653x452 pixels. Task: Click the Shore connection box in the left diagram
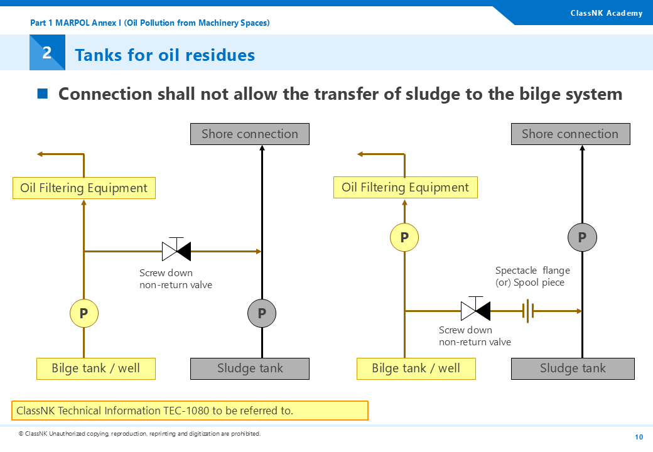(x=250, y=134)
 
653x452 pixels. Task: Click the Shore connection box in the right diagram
(x=570, y=134)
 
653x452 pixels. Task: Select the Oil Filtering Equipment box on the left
(x=84, y=188)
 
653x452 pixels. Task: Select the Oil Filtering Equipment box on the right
(x=405, y=187)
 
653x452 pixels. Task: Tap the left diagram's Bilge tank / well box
(x=95, y=369)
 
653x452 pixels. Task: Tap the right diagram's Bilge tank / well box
(x=416, y=369)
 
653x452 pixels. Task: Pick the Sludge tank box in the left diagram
(x=250, y=369)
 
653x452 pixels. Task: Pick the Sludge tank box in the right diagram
(x=573, y=369)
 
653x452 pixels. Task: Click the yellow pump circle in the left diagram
(x=84, y=313)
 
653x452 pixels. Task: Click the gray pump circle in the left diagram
(x=262, y=313)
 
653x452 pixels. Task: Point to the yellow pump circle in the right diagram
(x=404, y=237)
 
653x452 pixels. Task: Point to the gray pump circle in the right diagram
(x=582, y=237)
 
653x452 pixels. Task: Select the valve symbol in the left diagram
(x=176, y=250)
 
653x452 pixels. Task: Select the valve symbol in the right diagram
(x=475, y=309)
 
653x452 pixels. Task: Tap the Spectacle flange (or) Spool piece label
(x=532, y=276)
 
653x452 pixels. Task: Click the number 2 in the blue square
(x=47, y=53)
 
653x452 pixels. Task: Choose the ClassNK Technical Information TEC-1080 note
(x=190, y=411)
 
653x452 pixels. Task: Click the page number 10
(x=639, y=437)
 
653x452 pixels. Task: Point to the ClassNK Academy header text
(x=606, y=13)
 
